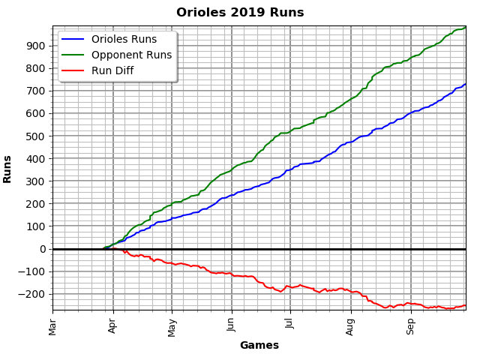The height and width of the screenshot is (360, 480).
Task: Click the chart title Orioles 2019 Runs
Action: point(240,13)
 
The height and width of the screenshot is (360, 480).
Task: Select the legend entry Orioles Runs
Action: point(124,39)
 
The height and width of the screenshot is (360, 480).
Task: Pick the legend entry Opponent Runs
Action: point(131,55)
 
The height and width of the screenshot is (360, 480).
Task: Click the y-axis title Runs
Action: point(7,169)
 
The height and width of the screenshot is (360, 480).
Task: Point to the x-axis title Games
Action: point(259,346)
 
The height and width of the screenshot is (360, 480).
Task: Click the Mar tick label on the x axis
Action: point(52,325)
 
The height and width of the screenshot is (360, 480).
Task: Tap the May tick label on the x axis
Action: point(172,326)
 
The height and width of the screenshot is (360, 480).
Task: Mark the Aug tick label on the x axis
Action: point(351,325)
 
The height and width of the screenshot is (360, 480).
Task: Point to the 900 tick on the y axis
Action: point(36,46)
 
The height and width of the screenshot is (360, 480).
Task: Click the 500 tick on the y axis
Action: point(36,136)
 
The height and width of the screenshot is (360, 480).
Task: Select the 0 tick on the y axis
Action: point(43,249)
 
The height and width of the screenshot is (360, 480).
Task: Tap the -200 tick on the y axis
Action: point(33,294)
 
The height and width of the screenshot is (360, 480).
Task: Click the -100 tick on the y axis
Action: point(33,271)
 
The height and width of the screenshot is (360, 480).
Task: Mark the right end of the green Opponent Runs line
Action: point(466,28)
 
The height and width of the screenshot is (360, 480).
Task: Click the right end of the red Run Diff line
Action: point(466,305)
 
